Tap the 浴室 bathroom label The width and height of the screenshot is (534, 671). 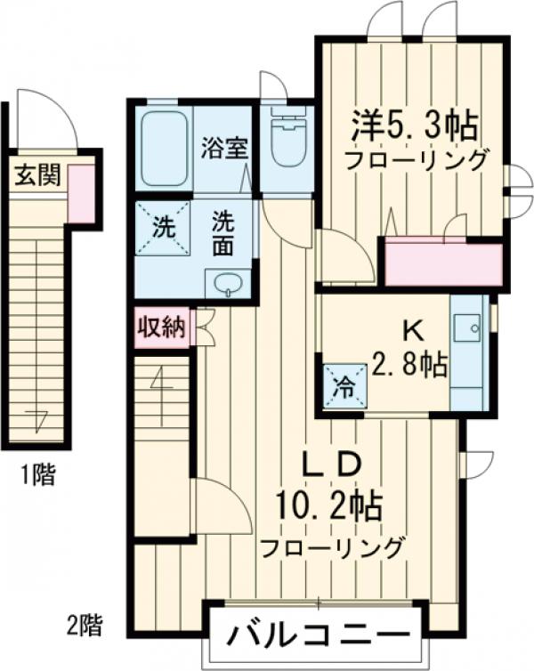point(222,148)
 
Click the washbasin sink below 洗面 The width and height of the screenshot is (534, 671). point(228,285)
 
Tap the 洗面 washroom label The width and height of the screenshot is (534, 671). point(222,234)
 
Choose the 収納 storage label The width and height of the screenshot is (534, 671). point(160,327)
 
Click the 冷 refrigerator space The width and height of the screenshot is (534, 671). point(342,388)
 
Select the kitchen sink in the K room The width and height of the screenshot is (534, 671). point(465,329)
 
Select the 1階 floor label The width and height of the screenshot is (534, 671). point(37,476)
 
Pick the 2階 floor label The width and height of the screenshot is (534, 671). point(85,624)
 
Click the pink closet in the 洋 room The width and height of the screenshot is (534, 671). point(443,264)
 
